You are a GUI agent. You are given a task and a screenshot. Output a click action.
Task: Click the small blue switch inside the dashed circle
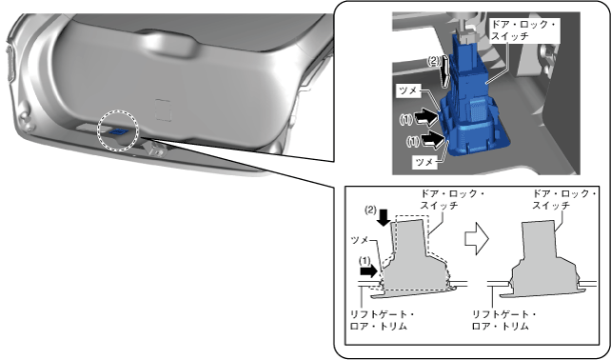(x=118, y=131)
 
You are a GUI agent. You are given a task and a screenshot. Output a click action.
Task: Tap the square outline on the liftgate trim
(x=163, y=110)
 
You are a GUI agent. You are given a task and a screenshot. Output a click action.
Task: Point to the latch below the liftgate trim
(x=154, y=149)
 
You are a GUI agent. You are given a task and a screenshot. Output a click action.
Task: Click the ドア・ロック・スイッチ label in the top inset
(x=523, y=30)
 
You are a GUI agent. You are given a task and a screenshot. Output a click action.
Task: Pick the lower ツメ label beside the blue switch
(x=424, y=162)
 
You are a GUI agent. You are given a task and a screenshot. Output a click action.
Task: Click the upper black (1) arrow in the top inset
(x=426, y=117)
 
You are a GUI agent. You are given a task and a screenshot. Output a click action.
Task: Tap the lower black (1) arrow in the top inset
(x=432, y=140)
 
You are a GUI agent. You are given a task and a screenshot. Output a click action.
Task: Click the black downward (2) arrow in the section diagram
(x=384, y=217)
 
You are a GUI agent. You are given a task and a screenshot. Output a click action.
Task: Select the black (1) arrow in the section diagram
(x=368, y=271)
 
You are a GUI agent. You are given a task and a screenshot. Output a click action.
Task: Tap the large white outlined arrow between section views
(x=477, y=239)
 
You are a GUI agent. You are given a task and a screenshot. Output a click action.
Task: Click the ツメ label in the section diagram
(x=361, y=239)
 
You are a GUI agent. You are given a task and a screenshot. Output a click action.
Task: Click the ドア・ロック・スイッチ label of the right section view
(x=564, y=199)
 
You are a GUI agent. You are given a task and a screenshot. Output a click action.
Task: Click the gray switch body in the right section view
(x=543, y=261)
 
